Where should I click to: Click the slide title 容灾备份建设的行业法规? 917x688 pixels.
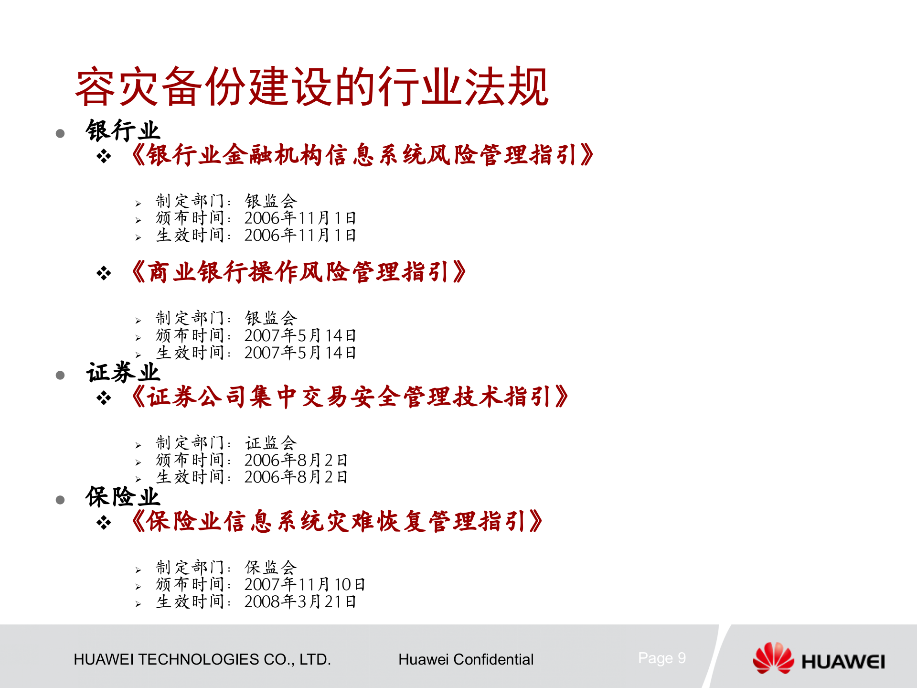[x=312, y=87]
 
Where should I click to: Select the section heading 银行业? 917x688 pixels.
[x=123, y=131]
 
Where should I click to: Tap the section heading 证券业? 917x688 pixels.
[x=123, y=373]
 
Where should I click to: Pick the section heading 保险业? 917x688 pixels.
[x=123, y=497]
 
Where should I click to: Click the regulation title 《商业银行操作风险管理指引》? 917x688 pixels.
[x=299, y=272]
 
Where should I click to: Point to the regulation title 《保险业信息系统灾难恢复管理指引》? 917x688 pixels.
[x=337, y=521]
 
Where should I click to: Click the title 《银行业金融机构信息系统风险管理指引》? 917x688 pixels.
[x=363, y=155]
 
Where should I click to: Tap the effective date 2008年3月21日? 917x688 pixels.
[x=300, y=602]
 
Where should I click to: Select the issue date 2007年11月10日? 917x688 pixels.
[x=305, y=584]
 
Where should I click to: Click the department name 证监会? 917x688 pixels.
[x=271, y=443]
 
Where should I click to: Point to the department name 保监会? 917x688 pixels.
[x=271, y=568]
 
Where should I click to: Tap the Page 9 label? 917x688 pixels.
[x=662, y=658]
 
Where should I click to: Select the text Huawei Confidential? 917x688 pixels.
[x=466, y=660]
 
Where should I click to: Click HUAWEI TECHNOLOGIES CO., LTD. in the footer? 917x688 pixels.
[x=202, y=660]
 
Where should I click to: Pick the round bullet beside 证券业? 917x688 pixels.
[x=60, y=376]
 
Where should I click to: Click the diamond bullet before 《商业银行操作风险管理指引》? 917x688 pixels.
[x=104, y=273]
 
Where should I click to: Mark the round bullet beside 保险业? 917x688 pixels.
[x=60, y=500]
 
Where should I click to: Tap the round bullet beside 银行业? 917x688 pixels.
[x=60, y=134]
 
